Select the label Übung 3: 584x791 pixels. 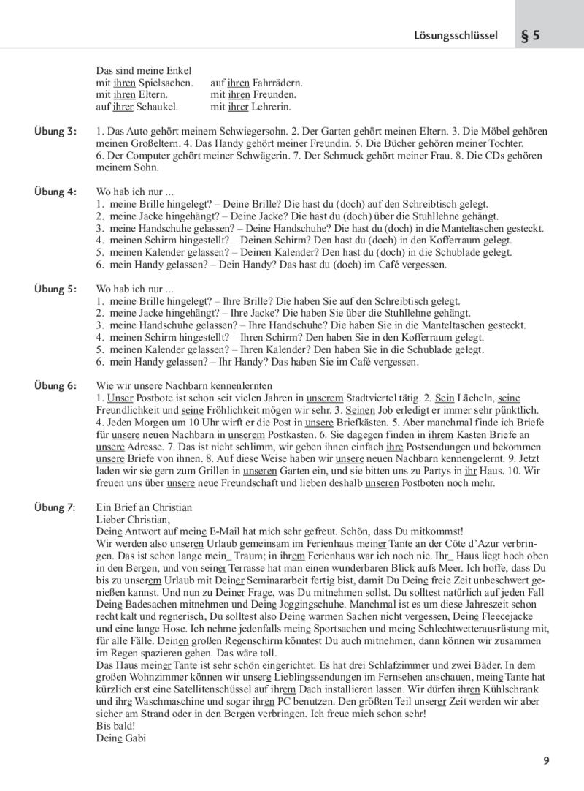click(55, 131)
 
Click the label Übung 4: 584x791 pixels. click(55, 192)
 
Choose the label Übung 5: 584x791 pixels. click(55, 289)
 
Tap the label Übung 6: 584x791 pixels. click(55, 385)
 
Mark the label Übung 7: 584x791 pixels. click(55, 508)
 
